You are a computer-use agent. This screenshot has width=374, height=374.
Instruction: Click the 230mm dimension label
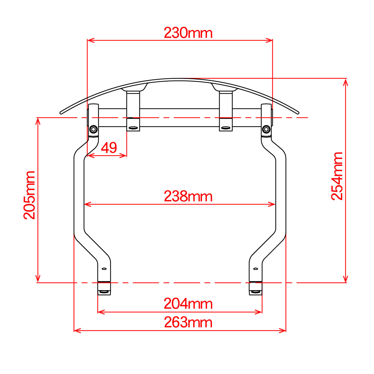(188, 33)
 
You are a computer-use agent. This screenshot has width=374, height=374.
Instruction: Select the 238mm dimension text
(188, 196)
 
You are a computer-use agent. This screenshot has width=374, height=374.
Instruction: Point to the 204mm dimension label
(188, 304)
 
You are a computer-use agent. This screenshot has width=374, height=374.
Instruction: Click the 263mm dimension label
(188, 322)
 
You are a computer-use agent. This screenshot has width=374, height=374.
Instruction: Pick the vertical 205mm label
(29, 195)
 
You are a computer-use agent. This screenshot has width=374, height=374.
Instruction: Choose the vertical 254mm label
(337, 176)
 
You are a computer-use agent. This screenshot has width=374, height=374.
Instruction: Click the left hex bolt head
(93, 129)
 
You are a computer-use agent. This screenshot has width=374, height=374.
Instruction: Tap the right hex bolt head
(266, 129)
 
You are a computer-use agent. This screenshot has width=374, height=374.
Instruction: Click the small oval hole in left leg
(104, 269)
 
